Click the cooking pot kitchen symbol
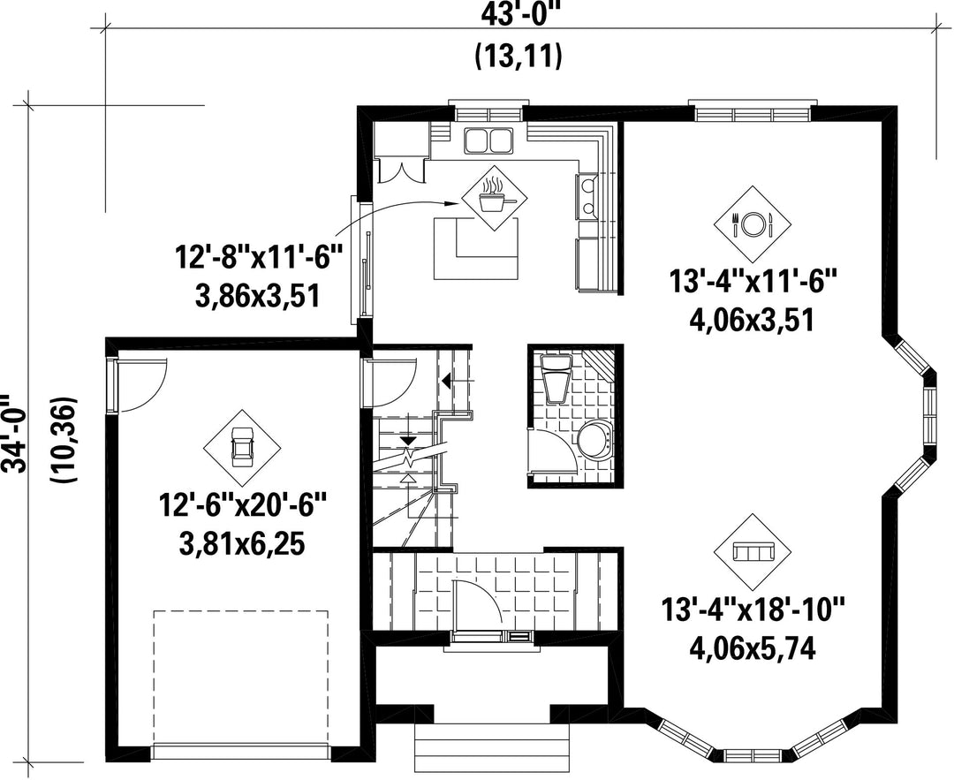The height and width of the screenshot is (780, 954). pos(493,196)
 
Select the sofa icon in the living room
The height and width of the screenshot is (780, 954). pos(753,551)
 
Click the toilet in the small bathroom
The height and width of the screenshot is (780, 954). pos(556,380)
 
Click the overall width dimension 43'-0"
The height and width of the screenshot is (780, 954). pos(517,13)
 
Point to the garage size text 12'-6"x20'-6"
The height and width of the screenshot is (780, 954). pos(243,504)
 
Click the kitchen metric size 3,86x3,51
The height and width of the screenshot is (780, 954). pos(257,297)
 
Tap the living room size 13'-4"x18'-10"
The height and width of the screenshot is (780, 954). pos(753,610)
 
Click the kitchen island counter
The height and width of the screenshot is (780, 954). pos(477,249)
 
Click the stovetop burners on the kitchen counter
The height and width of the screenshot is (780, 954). pos(587,196)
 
